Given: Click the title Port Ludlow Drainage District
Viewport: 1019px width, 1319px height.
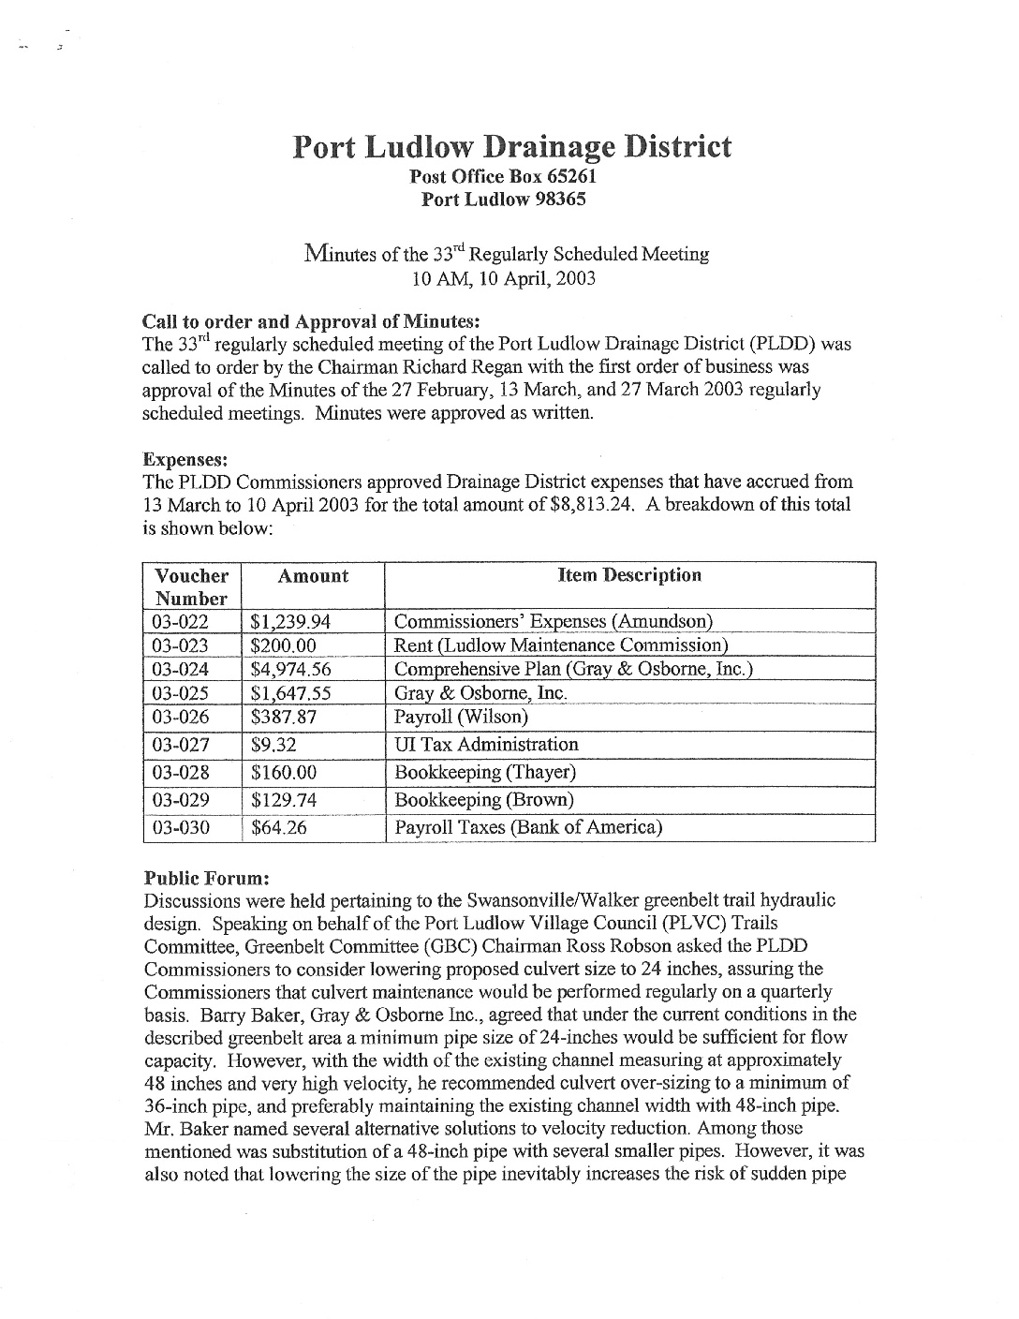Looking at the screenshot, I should pos(511,147).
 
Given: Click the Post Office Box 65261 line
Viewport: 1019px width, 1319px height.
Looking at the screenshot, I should pos(505,176).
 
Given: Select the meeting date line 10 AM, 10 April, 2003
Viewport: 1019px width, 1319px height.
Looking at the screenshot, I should pos(505,278).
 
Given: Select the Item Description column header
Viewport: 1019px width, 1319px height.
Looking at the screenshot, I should pos(629,575).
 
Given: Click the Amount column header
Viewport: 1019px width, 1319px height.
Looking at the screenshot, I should pos(313,576).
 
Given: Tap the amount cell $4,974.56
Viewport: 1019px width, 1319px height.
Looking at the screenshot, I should pos(291,670).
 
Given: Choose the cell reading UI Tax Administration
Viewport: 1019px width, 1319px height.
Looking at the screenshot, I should pos(486,745).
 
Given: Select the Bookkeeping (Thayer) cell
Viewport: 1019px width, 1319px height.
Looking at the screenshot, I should pos(485,773).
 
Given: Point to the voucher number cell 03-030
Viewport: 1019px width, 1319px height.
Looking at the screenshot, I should pos(181,828).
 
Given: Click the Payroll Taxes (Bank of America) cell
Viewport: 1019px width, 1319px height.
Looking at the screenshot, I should pos(528,828).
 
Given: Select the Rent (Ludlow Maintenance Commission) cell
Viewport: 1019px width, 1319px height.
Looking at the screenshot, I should pos(561,645).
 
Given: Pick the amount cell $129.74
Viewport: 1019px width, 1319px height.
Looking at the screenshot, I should pos(284,800).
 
